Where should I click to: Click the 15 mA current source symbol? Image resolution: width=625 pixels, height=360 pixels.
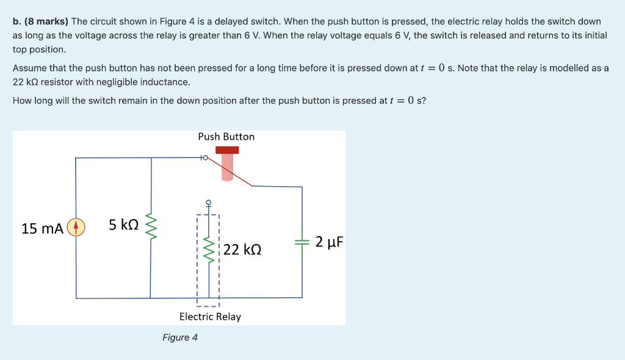pos(76,228)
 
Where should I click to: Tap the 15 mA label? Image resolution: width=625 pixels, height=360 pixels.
pos(42,229)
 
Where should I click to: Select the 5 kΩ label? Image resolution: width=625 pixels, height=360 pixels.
pos(123,225)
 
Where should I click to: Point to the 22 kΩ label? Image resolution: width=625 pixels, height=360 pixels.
pos(242,250)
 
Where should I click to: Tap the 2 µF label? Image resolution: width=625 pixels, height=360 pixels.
pos(330,242)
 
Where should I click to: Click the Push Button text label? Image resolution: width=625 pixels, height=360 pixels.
pos(226,137)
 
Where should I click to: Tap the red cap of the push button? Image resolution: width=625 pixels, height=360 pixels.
pos(226,149)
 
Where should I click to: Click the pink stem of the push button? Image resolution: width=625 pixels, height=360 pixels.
pos(227,168)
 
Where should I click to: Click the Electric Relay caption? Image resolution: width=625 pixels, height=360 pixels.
pos(210,317)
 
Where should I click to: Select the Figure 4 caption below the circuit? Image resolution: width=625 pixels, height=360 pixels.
pos(180,337)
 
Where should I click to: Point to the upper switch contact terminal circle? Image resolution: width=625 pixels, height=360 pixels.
pos(205,158)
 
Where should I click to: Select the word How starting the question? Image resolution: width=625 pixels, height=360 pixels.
pos(22,100)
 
